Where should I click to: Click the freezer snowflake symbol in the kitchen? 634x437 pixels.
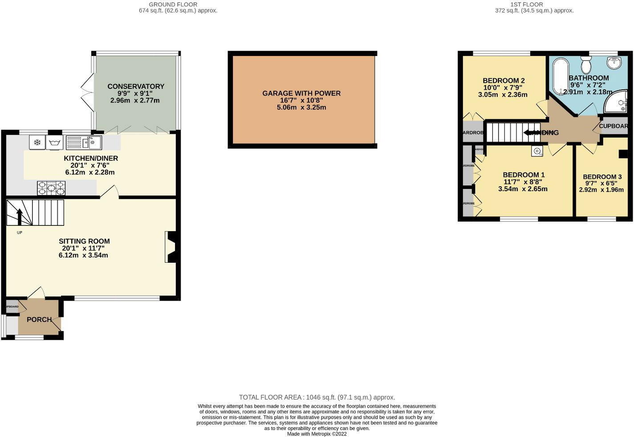(x=37, y=143)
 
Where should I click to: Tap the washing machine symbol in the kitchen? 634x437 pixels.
(x=55, y=143)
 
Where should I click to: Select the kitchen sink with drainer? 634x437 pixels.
(x=84, y=143)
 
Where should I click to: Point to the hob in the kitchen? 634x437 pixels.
(x=51, y=188)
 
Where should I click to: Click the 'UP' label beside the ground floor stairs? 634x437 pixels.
(x=19, y=233)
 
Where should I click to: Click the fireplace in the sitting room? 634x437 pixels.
(x=171, y=247)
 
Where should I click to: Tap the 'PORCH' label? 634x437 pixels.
(x=39, y=320)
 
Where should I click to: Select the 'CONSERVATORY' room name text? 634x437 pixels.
(x=136, y=86)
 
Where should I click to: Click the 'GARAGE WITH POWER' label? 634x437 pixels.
(x=301, y=93)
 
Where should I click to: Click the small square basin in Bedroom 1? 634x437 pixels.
(x=537, y=151)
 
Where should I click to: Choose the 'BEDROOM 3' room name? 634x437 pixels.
(x=602, y=177)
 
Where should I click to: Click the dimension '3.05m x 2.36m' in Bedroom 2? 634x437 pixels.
(x=503, y=95)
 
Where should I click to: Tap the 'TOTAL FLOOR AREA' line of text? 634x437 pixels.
(x=317, y=397)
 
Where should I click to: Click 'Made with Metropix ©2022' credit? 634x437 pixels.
(x=317, y=434)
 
